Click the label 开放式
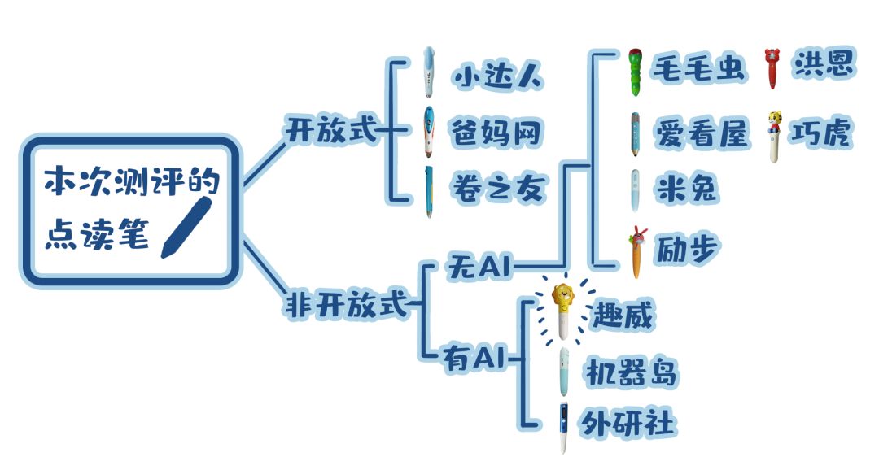point(331,129)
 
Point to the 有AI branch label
point(474,356)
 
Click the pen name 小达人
point(498,78)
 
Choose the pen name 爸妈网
point(497,133)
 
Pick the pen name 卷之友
point(497,189)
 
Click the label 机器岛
point(631,373)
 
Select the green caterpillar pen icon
point(636,72)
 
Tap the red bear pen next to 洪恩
point(770,68)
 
